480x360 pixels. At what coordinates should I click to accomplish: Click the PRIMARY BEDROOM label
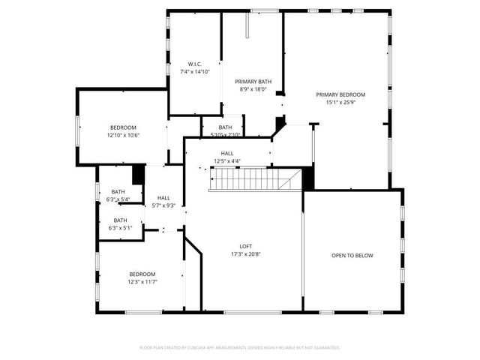340,94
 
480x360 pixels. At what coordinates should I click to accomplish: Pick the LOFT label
245,246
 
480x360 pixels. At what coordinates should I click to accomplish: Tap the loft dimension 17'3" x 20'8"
245,253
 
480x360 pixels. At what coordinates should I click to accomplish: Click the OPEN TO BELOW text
352,256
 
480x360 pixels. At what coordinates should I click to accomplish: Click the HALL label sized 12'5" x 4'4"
226,153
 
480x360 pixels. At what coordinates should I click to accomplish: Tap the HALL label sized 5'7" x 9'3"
163,198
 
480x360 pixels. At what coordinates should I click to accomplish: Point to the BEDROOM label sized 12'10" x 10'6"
123,127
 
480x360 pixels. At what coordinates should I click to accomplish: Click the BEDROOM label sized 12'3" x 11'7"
142,274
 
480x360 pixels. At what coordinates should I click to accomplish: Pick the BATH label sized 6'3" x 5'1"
120,220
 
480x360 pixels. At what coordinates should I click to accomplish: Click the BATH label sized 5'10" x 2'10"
225,127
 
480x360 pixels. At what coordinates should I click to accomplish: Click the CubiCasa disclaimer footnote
240,347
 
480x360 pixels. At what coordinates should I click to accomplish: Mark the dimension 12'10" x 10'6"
123,135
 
